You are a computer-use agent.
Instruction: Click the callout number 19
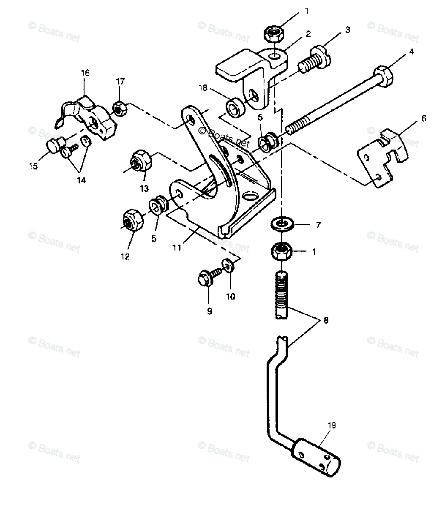(331, 425)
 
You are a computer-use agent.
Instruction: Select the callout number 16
(85, 73)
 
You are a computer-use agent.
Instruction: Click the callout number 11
(177, 248)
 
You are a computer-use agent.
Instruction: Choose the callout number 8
(325, 321)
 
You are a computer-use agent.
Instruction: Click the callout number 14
(81, 180)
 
